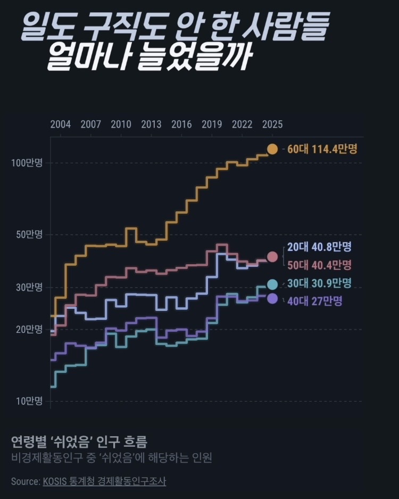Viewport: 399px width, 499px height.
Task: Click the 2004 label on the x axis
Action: point(61,124)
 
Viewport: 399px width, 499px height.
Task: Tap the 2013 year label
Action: point(151,124)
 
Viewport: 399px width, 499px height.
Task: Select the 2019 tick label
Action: point(212,124)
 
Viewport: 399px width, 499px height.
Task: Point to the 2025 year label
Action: point(272,124)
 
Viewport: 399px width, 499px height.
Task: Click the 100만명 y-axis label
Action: point(27,163)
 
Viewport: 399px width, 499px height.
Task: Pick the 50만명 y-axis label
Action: point(29,235)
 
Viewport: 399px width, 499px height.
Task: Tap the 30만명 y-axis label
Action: point(29,288)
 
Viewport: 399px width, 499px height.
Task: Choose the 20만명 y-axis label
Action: point(29,329)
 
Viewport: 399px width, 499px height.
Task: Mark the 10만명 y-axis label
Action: point(29,401)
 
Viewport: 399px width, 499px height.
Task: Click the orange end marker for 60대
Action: point(272,149)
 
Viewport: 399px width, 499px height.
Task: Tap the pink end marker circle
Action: point(272,257)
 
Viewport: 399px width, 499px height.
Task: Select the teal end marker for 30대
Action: point(272,284)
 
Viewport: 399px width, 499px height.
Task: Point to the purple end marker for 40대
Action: point(272,299)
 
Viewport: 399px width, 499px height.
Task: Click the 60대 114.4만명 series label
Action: point(322,149)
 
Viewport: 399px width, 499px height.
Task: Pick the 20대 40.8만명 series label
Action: point(320,247)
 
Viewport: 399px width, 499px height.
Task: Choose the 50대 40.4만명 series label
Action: point(320,265)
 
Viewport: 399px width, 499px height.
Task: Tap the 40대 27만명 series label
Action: point(315,301)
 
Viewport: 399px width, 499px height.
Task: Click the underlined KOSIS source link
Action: point(105,481)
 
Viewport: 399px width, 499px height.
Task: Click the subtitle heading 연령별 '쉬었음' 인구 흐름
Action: point(79,441)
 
